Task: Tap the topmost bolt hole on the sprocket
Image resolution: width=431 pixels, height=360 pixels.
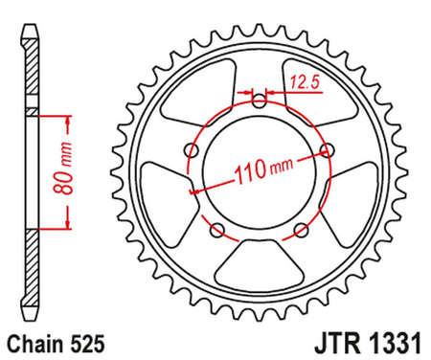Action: (259, 101)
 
